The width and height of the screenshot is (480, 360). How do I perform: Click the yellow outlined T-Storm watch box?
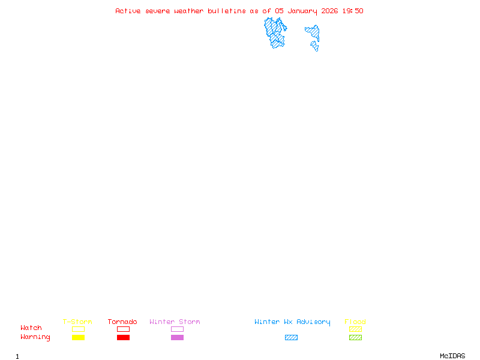[x=79, y=329]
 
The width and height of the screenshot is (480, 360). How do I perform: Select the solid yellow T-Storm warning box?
[x=79, y=337]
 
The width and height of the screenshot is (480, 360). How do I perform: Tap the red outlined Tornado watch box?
[x=124, y=329]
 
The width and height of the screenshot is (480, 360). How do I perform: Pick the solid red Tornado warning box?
[x=124, y=337]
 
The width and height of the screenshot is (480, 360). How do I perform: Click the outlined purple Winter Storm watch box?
[x=177, y=329]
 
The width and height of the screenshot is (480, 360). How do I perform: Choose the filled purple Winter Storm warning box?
[x=177, y=337]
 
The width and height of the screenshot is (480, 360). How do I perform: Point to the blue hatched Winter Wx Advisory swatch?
[x=291, y=337]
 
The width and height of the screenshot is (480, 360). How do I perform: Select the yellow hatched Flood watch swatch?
[x=355, y=329]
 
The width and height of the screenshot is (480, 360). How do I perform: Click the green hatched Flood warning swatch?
[x=355, y=337]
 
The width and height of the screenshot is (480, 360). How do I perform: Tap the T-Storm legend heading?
[x=77, y=322]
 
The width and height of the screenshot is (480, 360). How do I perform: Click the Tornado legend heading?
[x=122, y=322]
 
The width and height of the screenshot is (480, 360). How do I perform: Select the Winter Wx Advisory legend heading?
[x=292, y=322]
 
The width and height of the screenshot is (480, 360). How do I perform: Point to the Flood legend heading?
[x=355, y=322]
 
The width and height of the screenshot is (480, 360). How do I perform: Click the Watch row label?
[x=31, y=328]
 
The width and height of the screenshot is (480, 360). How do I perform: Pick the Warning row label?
[x=35, y=337]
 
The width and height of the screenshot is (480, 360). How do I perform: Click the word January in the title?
[x=302, y=11]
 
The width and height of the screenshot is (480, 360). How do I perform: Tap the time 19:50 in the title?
[x=353, y=11]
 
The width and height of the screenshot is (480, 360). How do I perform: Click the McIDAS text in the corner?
[x=452, y=356]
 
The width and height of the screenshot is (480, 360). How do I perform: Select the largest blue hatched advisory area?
[x=275, y=33]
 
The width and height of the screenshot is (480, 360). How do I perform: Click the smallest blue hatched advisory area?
[x=314, y=46]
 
